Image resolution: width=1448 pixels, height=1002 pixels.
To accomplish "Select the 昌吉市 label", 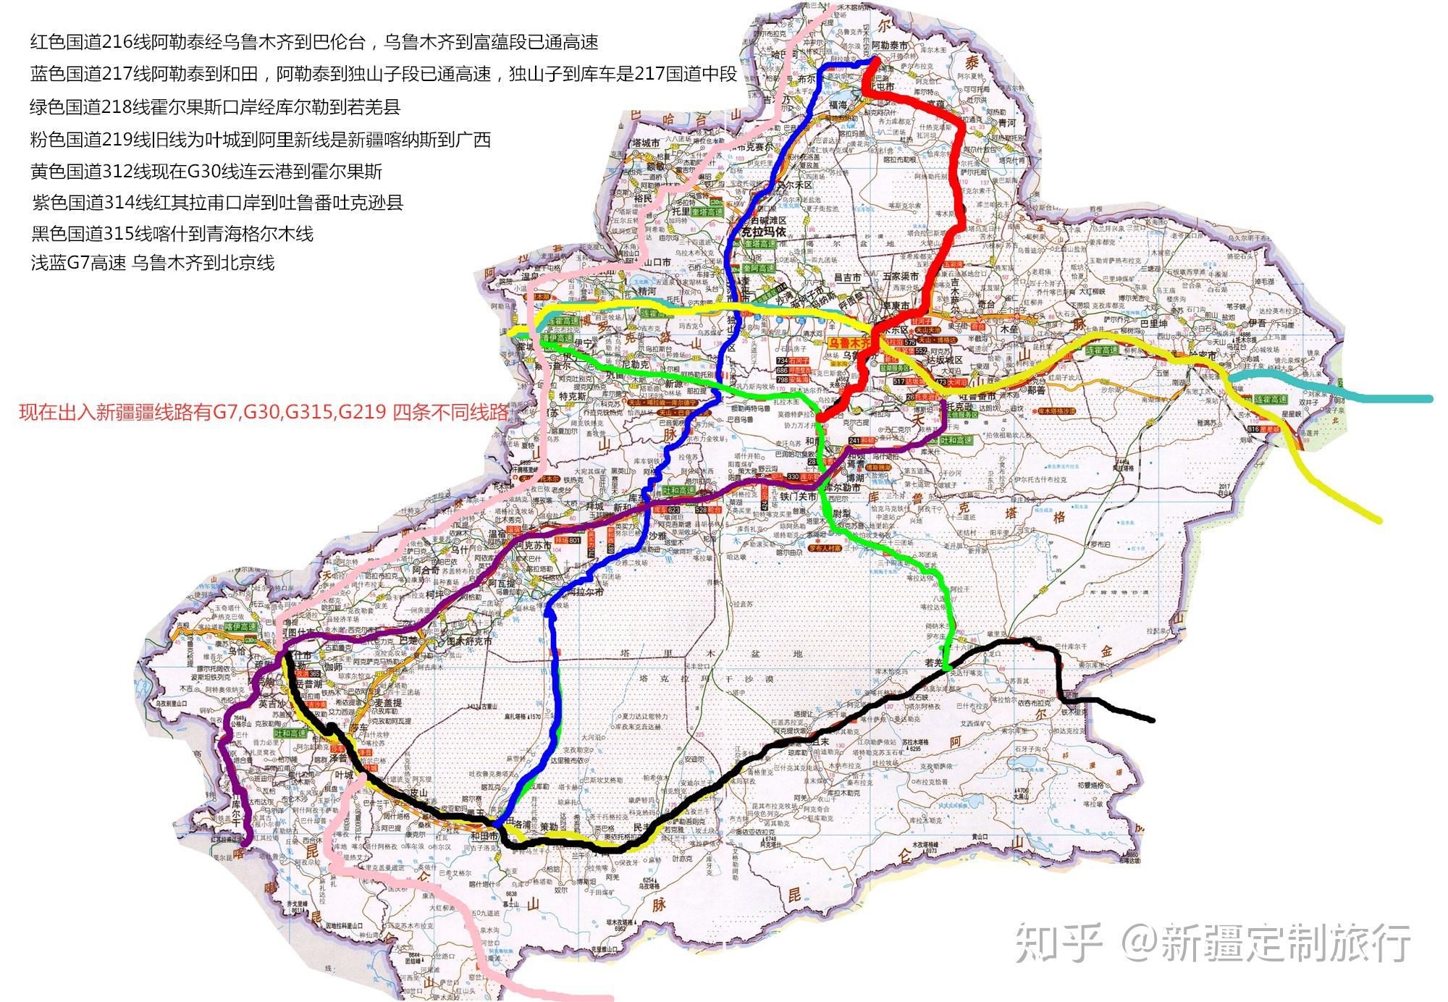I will pyautogui.click(x=847, y=277).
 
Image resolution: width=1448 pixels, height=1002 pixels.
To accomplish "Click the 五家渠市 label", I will pyautogui.click(x=901, y=277).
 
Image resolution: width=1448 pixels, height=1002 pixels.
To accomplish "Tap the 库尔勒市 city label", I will pyautogui.click(x=843, y=487).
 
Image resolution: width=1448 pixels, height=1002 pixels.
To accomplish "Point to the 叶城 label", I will pyautogui.click(x=344, y=774).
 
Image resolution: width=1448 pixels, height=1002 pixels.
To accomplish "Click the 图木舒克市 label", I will pyautogui.click(x=469, y=641).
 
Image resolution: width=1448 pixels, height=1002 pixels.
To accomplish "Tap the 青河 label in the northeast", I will pyautogui.click(x=1007, y=123).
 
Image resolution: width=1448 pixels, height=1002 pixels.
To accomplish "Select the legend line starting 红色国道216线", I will pyautogui.click(x=314, y=42).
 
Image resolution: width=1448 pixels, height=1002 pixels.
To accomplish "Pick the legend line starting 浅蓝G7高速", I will pyautogui.click(x=153, y=262).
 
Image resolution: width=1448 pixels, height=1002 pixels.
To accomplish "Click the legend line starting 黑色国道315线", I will pyautogui.click(x=172, y=233).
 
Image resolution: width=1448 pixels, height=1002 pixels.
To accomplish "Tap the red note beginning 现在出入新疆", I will pyautogui.click(x=264, y=413).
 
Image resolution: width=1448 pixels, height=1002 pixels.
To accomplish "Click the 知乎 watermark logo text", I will pyautogui.click(x=1058, y=943).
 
